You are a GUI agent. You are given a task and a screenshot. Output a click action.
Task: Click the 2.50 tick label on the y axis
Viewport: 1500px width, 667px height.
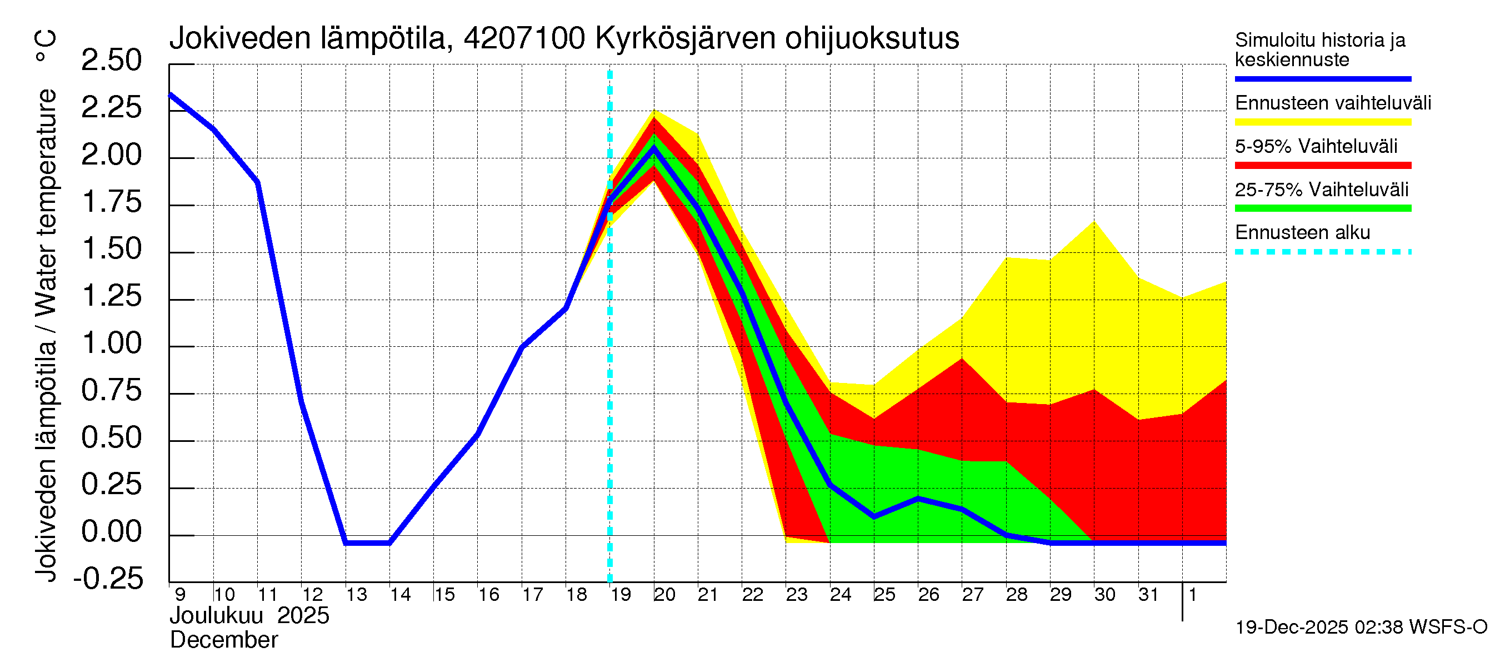[111, 61]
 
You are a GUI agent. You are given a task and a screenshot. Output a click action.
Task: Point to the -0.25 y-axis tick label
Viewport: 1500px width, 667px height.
[108, 579]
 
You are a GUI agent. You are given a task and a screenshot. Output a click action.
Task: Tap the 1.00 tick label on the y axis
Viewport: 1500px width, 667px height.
[111, 343]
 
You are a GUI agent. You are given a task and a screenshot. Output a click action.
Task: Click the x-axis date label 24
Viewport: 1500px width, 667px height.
[840, 595]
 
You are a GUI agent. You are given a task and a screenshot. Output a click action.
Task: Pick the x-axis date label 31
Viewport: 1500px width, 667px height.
[1148, 595]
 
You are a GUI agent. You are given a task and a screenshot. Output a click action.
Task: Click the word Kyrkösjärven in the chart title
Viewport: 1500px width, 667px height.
[685, 38]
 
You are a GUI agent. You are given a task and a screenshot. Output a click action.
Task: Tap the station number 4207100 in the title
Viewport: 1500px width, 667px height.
[524, 38]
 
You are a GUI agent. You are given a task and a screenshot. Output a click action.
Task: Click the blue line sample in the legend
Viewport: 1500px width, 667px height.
[1322, 78]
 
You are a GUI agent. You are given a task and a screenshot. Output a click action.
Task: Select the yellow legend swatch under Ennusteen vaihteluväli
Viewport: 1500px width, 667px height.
[1322, 122]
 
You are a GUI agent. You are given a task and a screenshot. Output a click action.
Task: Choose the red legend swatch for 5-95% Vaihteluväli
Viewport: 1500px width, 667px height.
[1322, 166]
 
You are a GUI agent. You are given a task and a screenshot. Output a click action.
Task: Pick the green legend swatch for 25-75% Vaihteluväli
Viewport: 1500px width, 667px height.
[1322, 208]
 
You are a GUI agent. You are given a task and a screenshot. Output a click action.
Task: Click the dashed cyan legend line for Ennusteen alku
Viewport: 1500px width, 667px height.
[1322, 252]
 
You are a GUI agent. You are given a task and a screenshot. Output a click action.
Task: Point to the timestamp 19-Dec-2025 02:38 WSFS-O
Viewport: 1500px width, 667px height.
[1361, 628]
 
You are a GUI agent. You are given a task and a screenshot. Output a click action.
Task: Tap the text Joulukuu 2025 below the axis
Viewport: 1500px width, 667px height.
[249, 616]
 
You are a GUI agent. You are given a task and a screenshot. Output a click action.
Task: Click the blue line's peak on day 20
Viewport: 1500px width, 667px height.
[654, 148]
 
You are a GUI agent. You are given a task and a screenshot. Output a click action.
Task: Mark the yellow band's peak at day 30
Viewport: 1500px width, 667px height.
[1094, 222]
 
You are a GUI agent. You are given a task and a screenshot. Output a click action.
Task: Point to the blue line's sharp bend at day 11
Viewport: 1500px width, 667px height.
[257, 182]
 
